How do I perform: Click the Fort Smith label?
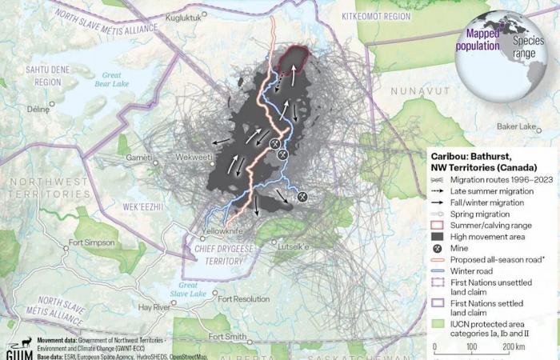[226, 337]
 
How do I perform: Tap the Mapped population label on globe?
[478, 41]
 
